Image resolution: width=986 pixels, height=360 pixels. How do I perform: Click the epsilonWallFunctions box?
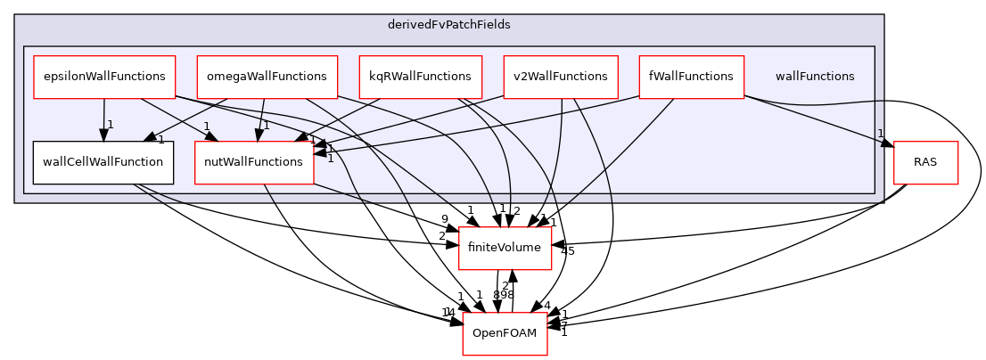[103, 77]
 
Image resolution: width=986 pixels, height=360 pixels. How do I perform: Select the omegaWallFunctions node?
[267, 77]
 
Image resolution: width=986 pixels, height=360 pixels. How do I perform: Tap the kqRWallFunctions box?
[420, 77]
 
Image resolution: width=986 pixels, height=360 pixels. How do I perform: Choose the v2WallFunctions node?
[561, 77]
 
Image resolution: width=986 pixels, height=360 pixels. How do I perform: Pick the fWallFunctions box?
[691, 77]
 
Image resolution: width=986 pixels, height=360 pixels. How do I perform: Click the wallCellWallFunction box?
[103, 162]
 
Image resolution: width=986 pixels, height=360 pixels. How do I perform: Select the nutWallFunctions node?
[254, 162]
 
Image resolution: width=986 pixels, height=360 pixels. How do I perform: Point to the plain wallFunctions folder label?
[814, 77]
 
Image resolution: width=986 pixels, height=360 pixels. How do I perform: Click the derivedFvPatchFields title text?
[448, 25]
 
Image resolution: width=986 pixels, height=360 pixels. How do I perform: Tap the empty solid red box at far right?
[925, 163]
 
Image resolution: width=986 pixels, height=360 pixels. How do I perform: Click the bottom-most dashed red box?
[505, 333]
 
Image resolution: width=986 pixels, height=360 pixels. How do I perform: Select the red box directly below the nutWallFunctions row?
[505, 248]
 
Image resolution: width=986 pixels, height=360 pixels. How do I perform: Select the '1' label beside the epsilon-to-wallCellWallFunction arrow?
[111, 125]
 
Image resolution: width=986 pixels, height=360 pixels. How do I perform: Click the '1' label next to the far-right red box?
[880, 134]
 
